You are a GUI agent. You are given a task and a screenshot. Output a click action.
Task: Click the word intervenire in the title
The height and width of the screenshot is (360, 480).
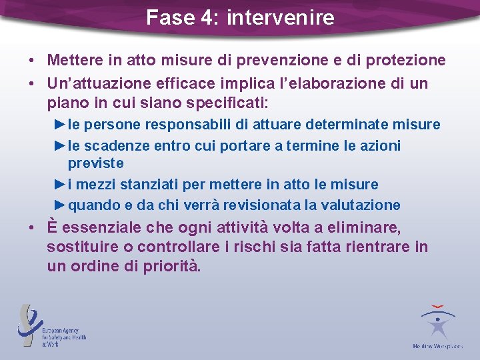pos(280,17)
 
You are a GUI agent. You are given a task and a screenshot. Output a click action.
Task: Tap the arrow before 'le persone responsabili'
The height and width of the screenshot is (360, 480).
pos(61,125)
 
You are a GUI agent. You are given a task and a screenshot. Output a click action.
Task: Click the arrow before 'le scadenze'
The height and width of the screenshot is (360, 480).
pos(61,145)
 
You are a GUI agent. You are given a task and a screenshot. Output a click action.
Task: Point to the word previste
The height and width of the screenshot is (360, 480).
pos(96,163)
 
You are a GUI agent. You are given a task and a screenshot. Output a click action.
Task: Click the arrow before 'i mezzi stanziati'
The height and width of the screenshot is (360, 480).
pos(61,184)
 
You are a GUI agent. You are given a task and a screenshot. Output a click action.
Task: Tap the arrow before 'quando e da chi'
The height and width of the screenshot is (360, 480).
pos(61,205)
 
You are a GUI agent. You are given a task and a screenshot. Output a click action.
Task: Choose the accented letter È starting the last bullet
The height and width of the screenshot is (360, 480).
pos(53,228)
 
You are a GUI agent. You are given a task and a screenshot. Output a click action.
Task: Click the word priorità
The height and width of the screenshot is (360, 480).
pos(163,266)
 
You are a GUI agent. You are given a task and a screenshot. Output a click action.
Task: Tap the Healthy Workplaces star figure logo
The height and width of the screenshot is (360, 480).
pos(437,325)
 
